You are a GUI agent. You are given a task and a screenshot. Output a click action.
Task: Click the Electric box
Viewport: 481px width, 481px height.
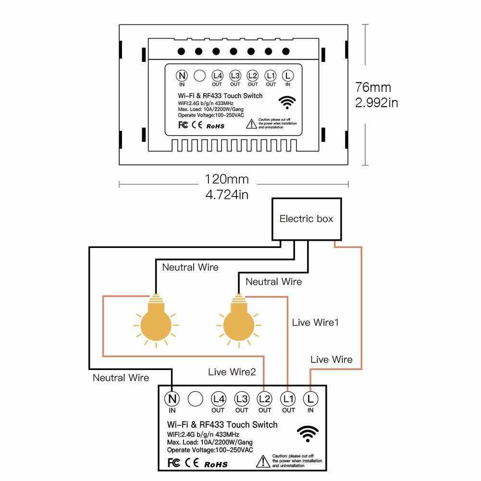306,219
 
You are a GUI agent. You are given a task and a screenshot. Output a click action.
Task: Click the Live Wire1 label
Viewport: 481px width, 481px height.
315,322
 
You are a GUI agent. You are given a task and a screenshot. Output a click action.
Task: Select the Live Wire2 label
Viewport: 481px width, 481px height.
232,371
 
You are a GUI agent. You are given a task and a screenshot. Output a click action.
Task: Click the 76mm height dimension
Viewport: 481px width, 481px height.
373,87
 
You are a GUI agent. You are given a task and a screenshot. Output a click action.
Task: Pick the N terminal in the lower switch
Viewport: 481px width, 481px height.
172,398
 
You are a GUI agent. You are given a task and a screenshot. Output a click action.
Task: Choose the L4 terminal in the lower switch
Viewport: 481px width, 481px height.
218,398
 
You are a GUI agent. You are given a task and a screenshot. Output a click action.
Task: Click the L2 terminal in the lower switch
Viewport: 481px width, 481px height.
265,398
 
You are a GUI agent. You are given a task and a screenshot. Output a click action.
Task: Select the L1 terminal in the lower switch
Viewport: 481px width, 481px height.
288,398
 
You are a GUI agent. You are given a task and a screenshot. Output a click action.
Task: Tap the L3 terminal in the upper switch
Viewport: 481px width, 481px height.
235,75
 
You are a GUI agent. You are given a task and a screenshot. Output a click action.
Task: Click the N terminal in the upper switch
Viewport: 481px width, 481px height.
182,75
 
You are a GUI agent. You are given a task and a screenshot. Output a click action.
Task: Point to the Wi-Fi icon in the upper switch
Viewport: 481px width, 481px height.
288,101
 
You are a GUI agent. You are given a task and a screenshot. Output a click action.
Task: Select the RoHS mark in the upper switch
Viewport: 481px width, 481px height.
216,127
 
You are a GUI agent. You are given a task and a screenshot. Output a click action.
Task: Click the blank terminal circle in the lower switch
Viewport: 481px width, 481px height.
195,398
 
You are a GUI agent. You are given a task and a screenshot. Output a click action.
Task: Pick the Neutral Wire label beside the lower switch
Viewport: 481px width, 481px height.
121,378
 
